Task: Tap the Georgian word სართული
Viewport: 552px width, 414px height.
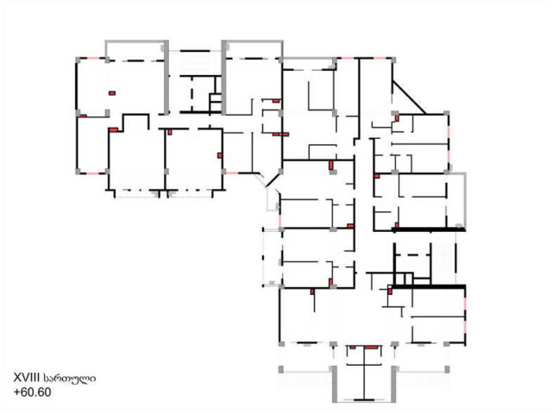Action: pos(69,379)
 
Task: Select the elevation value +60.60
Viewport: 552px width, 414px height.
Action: pos(33,392)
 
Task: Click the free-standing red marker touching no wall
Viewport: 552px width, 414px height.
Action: pos(112,93)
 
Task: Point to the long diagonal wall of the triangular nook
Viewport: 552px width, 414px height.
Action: pos(409,97)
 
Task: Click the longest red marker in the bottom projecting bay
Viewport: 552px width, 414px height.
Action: pos(371,348)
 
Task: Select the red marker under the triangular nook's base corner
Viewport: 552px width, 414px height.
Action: pos(397,118)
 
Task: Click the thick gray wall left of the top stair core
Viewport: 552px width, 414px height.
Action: pos(166,78)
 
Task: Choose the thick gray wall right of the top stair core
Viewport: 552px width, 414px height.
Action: pos(224,78)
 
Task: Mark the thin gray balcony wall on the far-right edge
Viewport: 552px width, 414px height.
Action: pos(466,201)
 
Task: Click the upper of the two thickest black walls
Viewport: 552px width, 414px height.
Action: pos(429,230)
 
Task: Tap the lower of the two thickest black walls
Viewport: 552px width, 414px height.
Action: pos(429,286)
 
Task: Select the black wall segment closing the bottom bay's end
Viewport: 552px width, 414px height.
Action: pos(364,400)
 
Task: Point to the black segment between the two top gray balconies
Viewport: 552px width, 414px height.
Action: pos(195,52)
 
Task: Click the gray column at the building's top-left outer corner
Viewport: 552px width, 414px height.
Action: pos(78,60)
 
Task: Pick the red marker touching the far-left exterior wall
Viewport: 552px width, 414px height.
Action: pos(83,116)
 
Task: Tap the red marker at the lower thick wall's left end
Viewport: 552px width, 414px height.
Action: pos(390,292)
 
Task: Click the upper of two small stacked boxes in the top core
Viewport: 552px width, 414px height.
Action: pos(216,97)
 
